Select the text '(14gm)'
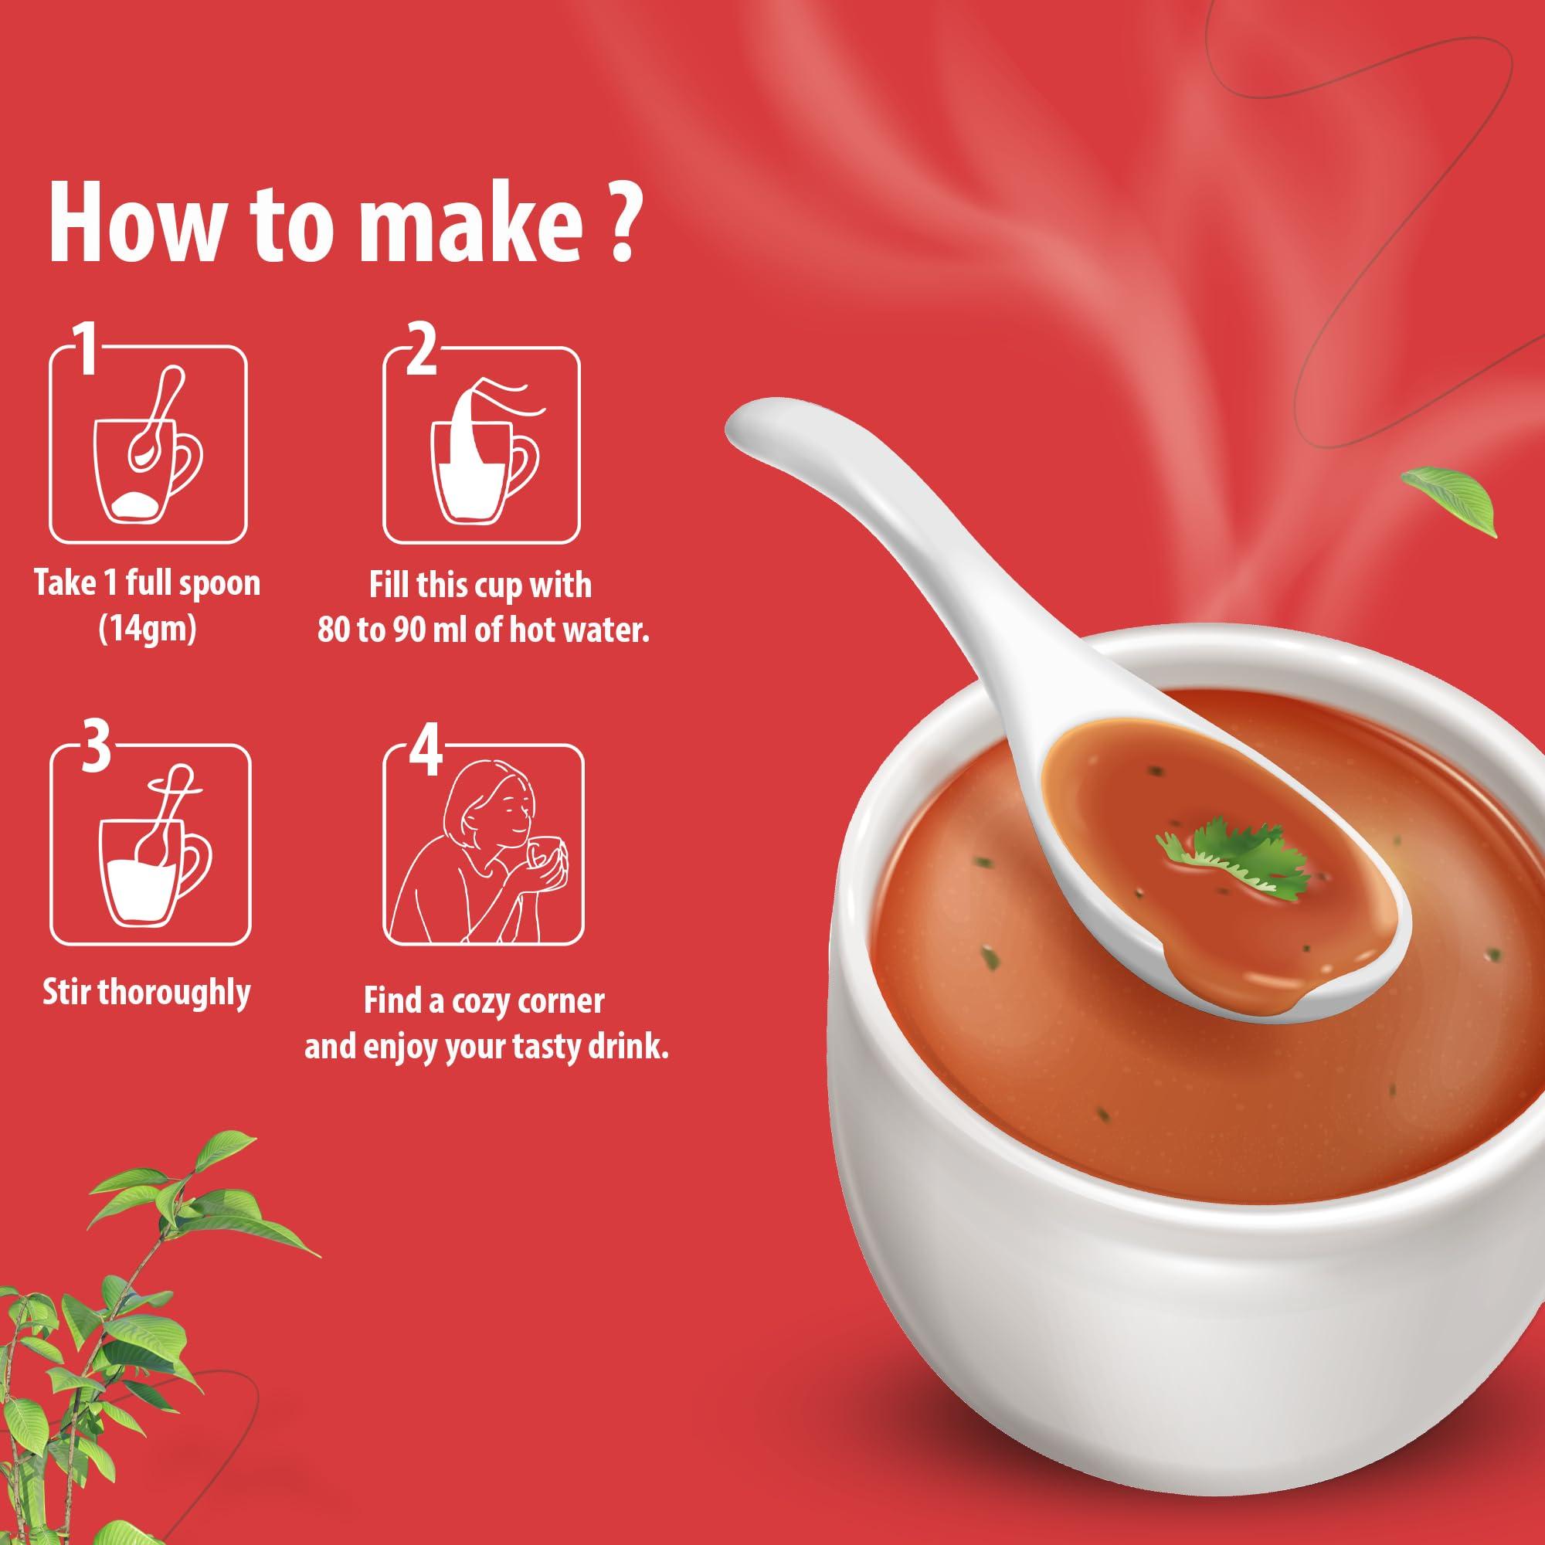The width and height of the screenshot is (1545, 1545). click(x=146, y=630)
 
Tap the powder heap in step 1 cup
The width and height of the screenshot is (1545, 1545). click(x=136, y=504)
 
